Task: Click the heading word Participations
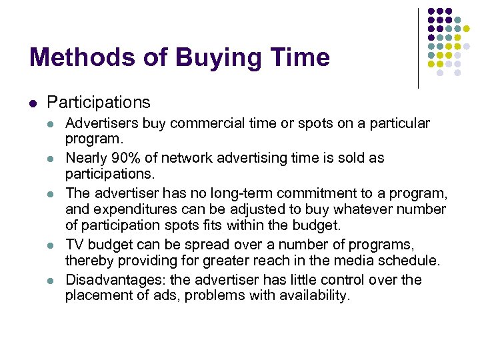tap(99, 102)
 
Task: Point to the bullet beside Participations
tap(32, 103)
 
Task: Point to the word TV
tap(74, 245)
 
